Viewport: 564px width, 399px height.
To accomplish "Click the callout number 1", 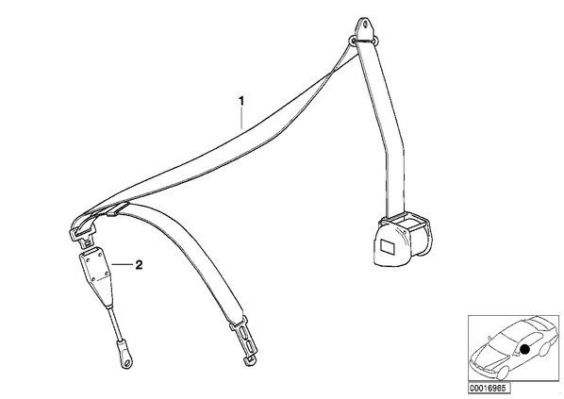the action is click(241, 101).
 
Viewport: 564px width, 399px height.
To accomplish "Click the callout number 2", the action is click(139, 265).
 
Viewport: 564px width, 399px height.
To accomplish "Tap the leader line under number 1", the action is click(241, 118).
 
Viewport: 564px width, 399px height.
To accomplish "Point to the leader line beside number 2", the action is click(123, 265).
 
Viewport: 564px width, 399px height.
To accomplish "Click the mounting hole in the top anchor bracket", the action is click(366, 25).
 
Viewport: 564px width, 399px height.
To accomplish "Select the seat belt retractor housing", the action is click(402, 240).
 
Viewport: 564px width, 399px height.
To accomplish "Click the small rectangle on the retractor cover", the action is click(388, 247).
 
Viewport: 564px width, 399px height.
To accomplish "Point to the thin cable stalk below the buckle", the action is click(114, 322).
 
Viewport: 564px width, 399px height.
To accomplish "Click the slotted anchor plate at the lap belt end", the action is click(245, 339).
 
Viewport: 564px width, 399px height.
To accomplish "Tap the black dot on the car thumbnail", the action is click(525, 349).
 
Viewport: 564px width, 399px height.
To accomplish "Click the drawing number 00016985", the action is click(489, 389).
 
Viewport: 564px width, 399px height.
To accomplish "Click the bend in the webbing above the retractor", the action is click(395, 144).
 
